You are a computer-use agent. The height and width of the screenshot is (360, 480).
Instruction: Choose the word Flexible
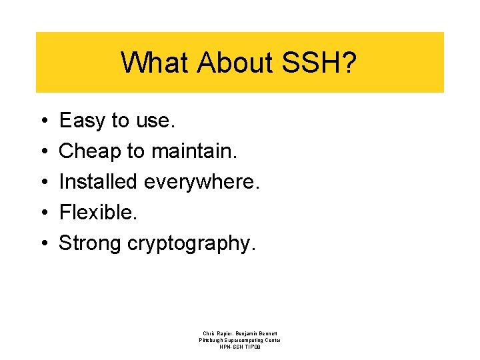tap(96, 212)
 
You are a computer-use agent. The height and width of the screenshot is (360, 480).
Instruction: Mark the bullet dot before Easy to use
tap(43, 121)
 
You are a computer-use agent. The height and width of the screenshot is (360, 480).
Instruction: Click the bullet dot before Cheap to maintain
tap(43, 152)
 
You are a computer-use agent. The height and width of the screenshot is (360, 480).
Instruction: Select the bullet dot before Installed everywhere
tap(43, 182)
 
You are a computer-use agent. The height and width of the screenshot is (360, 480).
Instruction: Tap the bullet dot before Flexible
tap(43, 213)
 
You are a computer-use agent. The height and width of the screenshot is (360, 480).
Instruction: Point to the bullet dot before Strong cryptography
tap(43, 243)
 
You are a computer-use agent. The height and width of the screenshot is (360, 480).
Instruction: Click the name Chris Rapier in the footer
tap(218, 333)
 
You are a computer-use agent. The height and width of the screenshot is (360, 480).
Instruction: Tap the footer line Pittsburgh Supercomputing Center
tap(240, 340)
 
